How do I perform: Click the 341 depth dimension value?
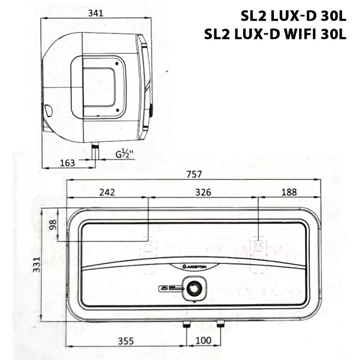click(x=96, y=14)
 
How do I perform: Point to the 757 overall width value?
click(x=194, y=174)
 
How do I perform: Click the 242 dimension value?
click(x=106, y=192)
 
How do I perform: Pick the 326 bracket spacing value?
click(x=203, y=192)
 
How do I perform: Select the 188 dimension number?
click(x=289, y=192)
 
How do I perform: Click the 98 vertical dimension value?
click(x=52, y=225)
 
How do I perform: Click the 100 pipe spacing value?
click(x=203, y=340)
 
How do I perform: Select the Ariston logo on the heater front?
click(x=194, y=266)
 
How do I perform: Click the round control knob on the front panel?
click(x=193, y=288)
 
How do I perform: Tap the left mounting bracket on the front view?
click(x=149, y=245)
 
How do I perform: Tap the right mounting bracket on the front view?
click(x=258, y=245)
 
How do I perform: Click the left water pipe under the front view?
click(x=187, y=324)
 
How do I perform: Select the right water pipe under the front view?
click(x=219, y=324)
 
